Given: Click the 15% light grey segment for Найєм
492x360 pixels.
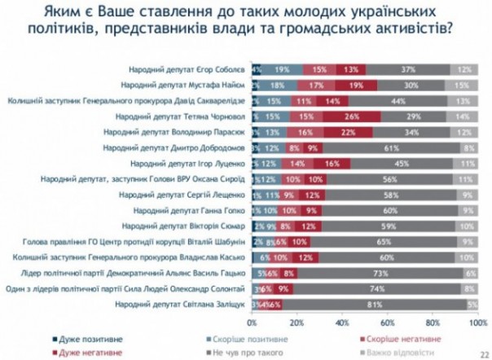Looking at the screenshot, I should [x=461, y=85].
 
